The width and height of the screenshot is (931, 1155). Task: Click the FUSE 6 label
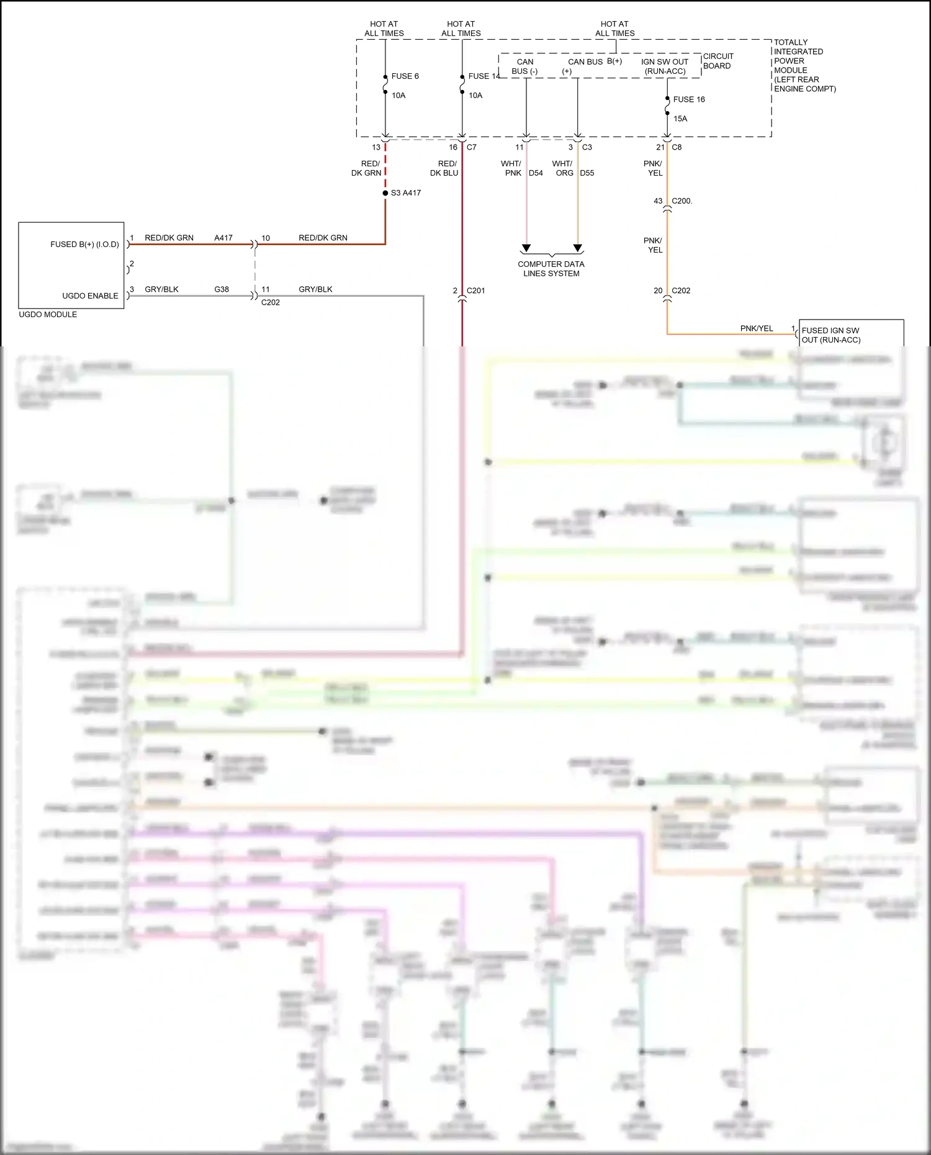click(405, 76)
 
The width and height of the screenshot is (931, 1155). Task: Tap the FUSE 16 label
click(689, 99)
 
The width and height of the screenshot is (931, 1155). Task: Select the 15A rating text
click(680, 119)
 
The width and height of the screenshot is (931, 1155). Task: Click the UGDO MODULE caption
click(48, 315)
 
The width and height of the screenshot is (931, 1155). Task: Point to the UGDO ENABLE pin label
click(90, 296)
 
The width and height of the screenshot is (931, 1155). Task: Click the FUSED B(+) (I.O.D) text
click(84, 245)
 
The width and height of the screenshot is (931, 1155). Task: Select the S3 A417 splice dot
click(385, 193)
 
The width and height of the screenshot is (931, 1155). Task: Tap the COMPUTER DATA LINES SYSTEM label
click(551, 269)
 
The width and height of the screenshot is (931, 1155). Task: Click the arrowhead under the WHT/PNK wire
click(526, 248)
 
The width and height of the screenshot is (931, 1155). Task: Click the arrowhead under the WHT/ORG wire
click(578, 248)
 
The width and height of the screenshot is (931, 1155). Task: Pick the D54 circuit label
click(536, 173)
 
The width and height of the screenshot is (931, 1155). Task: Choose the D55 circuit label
click(587, 173)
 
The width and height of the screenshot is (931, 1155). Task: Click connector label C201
click(475, 290)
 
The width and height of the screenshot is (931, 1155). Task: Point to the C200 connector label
click(681, 201)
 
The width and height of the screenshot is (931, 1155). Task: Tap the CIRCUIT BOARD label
click(717, 61)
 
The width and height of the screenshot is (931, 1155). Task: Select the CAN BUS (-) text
click(525, 66)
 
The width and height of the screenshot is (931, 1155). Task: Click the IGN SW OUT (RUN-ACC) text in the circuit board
click(665, 66)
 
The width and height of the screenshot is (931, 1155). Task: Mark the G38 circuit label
click(222, 289)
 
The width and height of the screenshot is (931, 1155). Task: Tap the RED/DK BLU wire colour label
click(444, 168)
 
